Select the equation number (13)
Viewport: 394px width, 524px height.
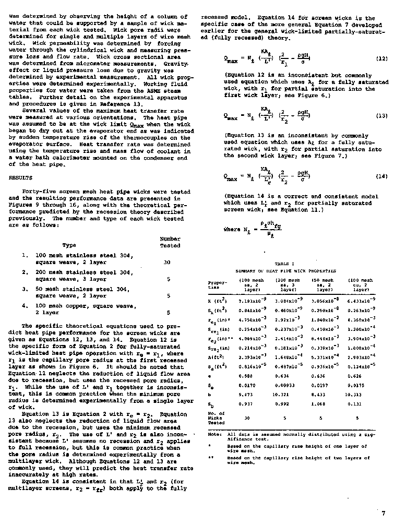pyautogui.click(x=381, y=115)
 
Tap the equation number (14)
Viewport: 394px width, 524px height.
pyautogui.click(x=381, y=176)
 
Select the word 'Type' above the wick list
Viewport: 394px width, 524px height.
pyautogui.click(x=69, y=245)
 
